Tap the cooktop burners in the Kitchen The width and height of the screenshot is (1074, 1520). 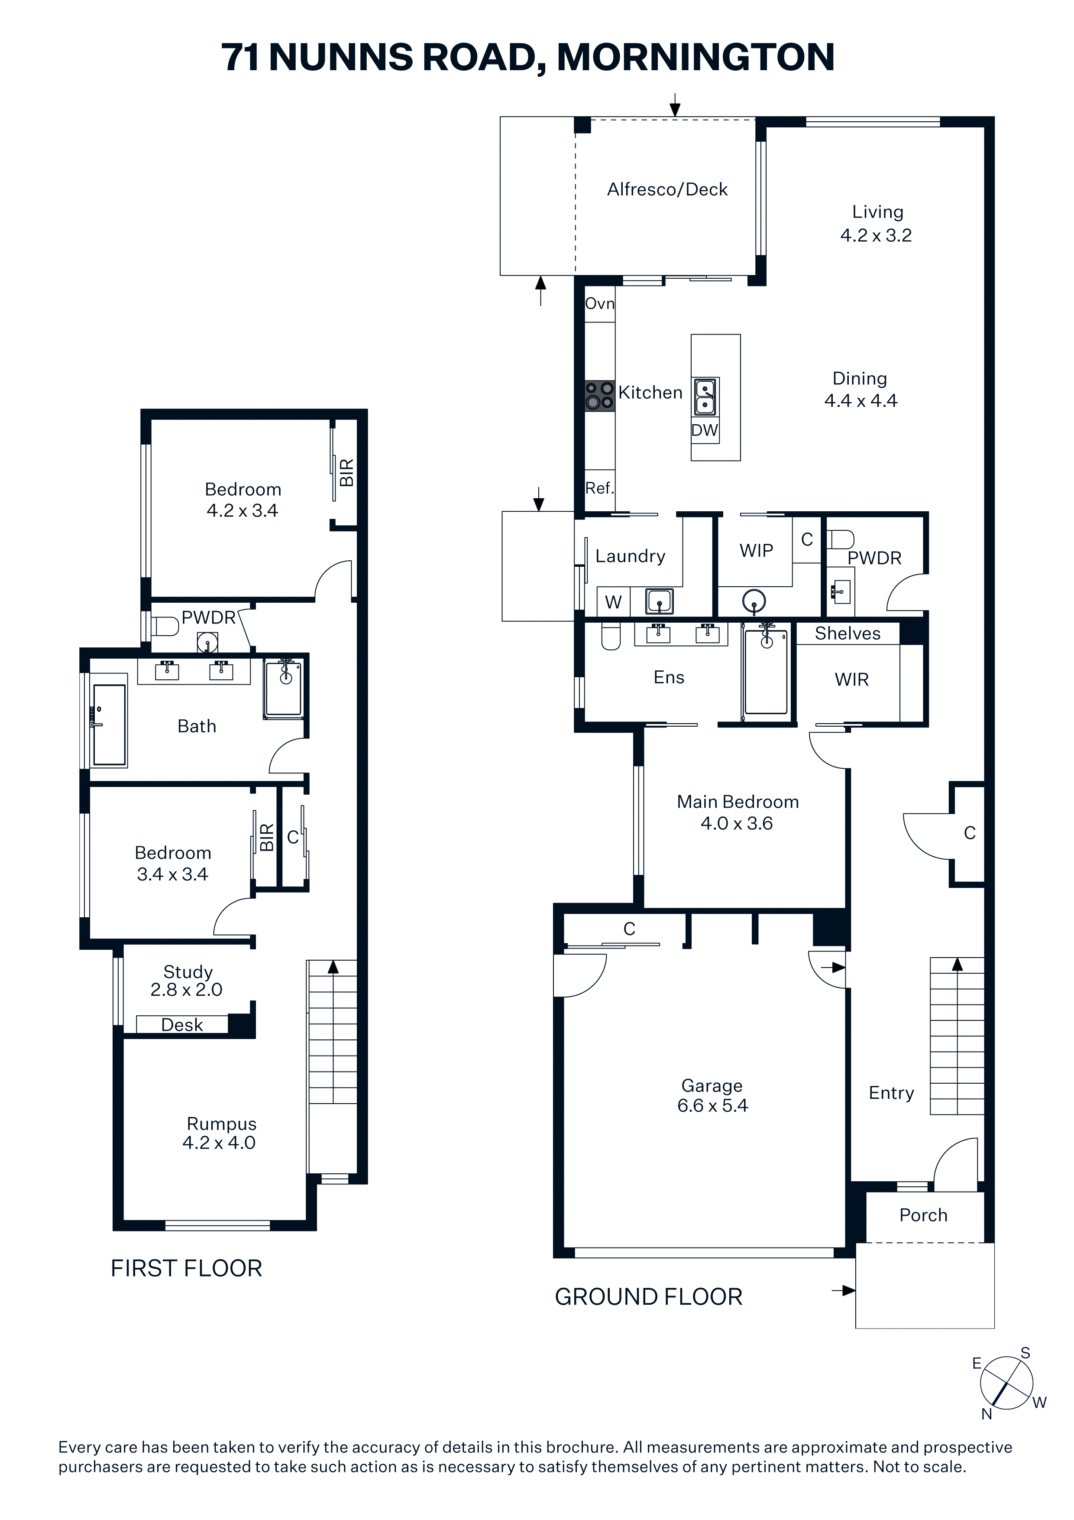pos(599,396)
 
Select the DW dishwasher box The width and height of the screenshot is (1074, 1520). pos(705,430)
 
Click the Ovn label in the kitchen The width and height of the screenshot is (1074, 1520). pos(599,304)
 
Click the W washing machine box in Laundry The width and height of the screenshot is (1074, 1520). pos(613,602)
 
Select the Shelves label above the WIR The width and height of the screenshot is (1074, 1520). pos(848,633)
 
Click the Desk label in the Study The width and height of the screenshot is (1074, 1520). pos(182,1025)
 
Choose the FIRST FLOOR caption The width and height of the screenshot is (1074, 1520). pos(187,1268)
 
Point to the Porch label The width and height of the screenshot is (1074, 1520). pos(923,1215)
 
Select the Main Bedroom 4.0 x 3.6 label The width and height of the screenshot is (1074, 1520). pos(737,812)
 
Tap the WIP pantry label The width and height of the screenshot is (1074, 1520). pos(757,551)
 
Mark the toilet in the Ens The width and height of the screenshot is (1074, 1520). pos(610,636)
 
